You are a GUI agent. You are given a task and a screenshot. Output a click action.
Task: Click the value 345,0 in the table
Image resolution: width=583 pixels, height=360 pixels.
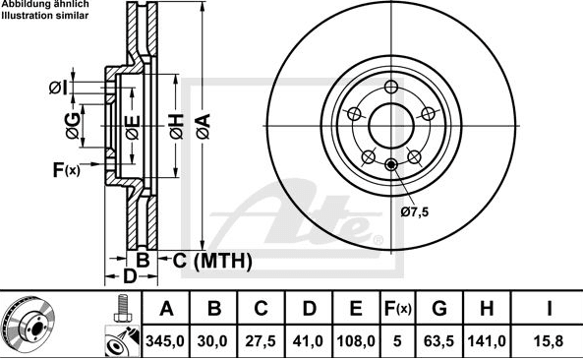click(165, 340)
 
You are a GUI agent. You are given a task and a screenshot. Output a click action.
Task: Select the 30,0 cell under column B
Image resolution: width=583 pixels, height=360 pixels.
click(212, 340)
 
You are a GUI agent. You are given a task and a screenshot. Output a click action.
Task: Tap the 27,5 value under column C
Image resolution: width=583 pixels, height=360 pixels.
click(261, 340)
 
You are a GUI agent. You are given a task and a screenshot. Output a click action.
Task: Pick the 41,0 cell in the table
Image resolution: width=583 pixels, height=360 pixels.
click(309, 340)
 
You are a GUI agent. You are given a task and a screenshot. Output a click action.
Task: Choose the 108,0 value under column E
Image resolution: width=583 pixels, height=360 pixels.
click(356, 340)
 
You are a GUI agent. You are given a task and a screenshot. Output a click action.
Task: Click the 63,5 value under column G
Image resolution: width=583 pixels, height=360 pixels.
click(439, 340)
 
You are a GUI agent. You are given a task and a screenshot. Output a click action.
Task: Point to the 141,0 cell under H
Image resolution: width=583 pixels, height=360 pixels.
click(487, 340)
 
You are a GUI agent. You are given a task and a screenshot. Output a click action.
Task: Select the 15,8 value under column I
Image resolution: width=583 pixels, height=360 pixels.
click(549, 340)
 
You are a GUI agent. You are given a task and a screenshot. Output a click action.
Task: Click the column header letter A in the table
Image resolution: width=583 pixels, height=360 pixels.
click(166, 308)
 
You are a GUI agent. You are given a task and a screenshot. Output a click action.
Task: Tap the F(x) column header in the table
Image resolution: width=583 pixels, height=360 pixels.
click(397, 308)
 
